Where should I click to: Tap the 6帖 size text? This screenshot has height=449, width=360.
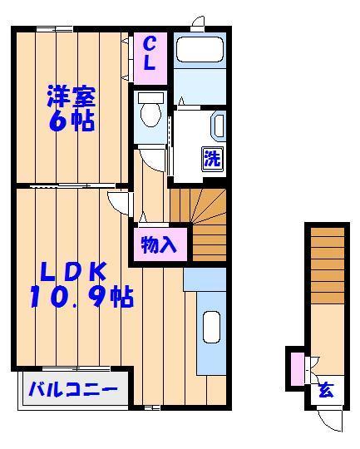[70, 122]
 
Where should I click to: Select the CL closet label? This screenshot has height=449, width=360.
[150, 52]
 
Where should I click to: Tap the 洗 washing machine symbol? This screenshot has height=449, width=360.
[212, 157]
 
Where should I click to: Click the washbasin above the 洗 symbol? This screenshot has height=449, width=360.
[218, 126]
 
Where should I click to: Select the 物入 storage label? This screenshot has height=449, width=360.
[157, 246]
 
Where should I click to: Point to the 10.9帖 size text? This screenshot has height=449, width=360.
[81, 297]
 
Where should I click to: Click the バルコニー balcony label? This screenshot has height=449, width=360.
[73, 389]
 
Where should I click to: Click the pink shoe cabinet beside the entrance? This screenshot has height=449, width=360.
[295, 368]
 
